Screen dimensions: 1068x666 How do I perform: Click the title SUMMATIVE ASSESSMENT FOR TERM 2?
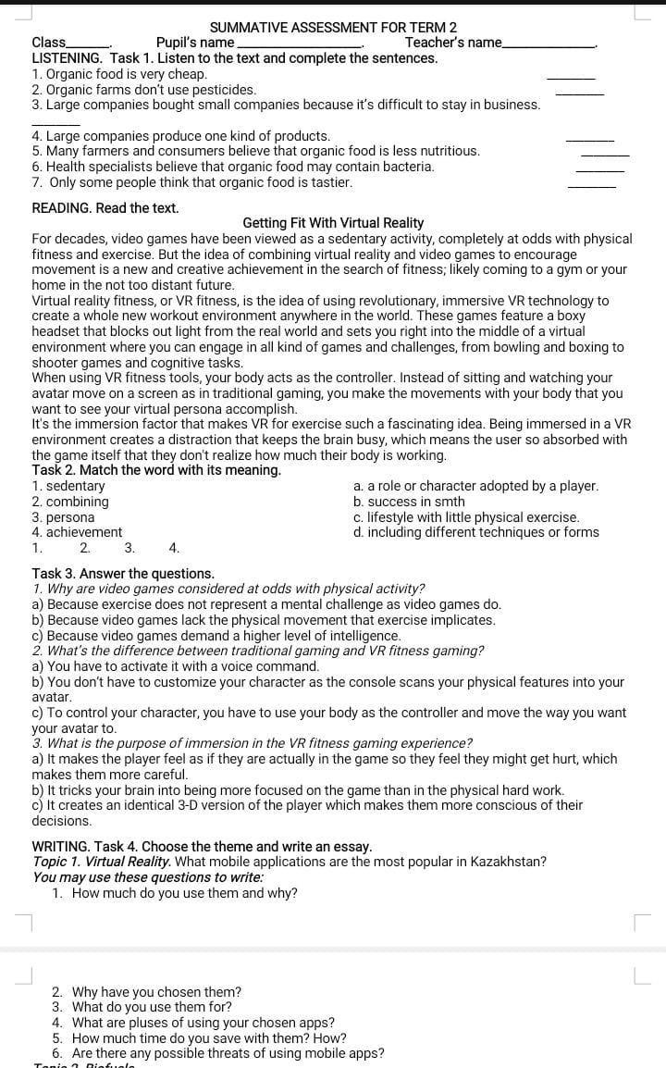[x=333, y=28]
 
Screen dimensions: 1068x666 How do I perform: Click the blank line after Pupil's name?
[x=300, y=44]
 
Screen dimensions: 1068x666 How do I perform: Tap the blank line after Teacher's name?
[x=549, y=44]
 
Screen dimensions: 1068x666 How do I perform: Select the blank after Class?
[x=89, y=44]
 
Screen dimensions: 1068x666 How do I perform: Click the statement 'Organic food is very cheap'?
[x=119, y=74]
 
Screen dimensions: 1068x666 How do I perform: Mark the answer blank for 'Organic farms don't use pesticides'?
[x=579, y=92]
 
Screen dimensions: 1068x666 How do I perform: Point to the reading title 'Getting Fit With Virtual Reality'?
[x=333, y=223]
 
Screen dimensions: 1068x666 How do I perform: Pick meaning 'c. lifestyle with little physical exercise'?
[x=466, y=517]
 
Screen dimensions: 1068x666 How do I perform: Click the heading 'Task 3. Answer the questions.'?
[x=123, y=574]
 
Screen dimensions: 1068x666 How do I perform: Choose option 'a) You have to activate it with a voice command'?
[x=176, y=666]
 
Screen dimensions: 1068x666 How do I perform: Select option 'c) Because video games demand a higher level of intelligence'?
[x=216, y=636]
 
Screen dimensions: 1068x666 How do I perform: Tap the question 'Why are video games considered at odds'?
[x=228, y=589]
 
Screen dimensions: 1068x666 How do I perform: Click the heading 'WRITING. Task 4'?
[x=202, y=847]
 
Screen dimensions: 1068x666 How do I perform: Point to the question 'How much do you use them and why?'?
[x=185, y=893]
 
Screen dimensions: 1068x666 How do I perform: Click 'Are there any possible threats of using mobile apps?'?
[x=228, y=1053]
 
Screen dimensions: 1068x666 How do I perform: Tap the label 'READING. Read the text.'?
[x=105, y=208]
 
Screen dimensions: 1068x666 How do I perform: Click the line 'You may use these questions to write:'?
[x=147, y=877]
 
